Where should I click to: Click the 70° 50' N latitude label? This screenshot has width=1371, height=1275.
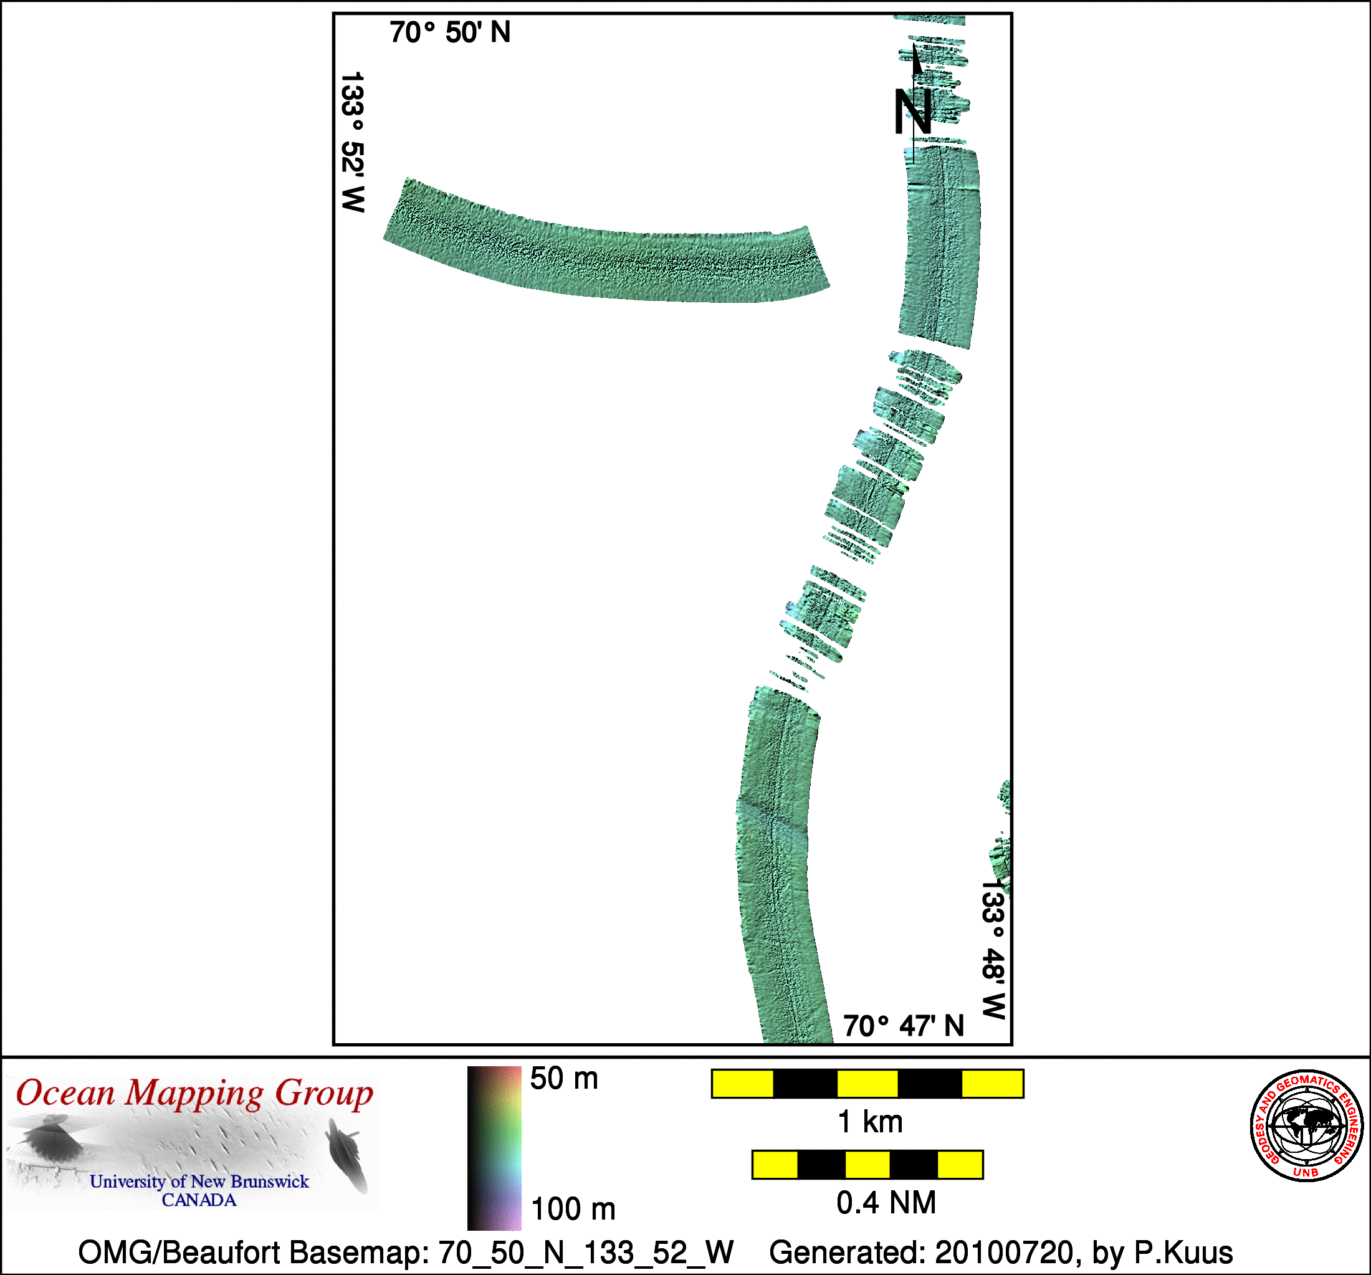tap(450, 32)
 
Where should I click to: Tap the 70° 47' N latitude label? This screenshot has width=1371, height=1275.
tap(904, 1026)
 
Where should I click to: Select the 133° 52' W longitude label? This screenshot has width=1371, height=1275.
tap(352, 142)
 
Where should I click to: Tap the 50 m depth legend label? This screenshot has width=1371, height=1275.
tap(564, 1079)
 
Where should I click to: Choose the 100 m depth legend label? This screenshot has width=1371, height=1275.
tap(573, 1209)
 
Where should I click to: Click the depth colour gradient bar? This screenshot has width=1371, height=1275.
tap(494, 1148)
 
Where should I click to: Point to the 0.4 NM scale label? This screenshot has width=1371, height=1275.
tap(886, 1203)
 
